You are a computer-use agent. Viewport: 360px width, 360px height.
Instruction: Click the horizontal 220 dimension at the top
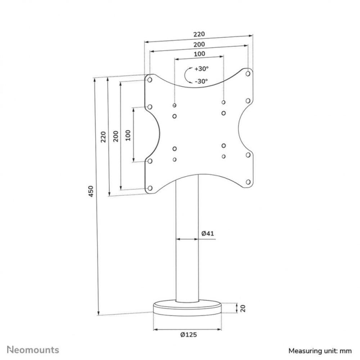click(x=199, y=34)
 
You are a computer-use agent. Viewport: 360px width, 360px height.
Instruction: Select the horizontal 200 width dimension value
click(x=199, y=44)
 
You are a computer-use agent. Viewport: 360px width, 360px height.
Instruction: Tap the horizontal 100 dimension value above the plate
click(x=199, y=54)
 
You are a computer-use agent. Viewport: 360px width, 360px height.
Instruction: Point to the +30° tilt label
click(x=202, y=69)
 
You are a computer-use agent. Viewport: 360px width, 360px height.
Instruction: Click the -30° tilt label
click(x=201, y=81)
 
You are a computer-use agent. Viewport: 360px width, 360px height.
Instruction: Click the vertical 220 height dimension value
click(x=103, y=136)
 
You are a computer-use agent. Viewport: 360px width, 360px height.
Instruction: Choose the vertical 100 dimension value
click(x=128, y=135)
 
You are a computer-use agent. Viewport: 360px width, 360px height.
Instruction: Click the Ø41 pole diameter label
click(x=208, y=233)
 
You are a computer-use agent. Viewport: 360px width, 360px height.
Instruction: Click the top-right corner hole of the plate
click(x=248, y=73)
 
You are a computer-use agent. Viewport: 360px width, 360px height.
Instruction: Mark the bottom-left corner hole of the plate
click(x=150, y=188)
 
